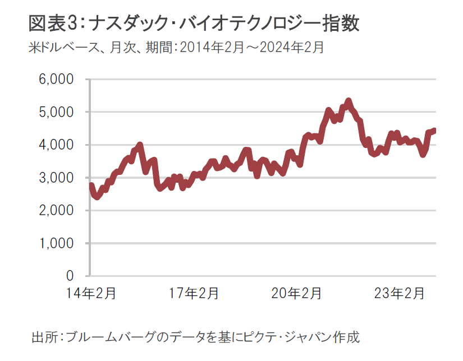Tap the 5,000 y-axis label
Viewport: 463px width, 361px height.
[x=56, y=112]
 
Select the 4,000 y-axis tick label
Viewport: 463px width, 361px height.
[x=56, y=145]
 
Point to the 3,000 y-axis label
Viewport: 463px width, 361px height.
[x=56, y=178]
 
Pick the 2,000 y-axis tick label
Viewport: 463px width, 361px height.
[x=56, y=211]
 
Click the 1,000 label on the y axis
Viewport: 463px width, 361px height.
[x=56, y=243]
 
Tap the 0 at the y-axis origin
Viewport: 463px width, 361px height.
[x=70, y=276]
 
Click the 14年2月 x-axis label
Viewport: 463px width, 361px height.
[x=91, y=293]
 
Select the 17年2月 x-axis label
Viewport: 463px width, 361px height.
[x=195, y=293]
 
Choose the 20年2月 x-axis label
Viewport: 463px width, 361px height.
[x=297, y=293]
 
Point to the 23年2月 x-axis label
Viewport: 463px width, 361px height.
[x=400, y=293]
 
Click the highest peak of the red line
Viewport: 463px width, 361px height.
[x=349, y=101]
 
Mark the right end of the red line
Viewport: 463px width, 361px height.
[x=434, y=130]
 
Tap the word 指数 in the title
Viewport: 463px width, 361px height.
[x=342, y=25]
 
